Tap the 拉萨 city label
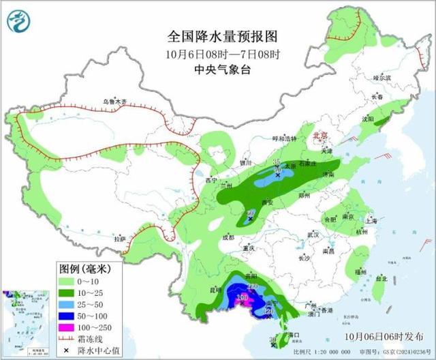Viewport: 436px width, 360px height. click(120, 239)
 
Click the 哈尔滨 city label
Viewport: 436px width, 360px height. click(383, 78)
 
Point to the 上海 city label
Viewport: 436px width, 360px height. click(371, 221)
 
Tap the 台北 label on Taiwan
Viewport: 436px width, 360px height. click(381, 278)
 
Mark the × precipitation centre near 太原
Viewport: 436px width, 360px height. click(277, 175)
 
